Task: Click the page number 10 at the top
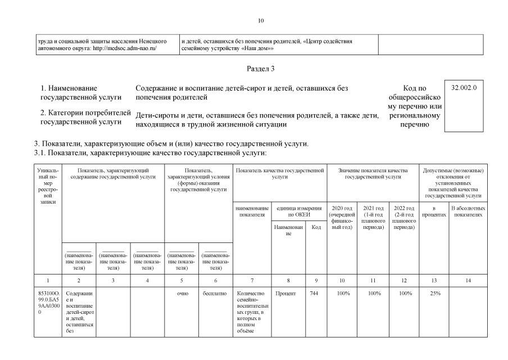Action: coord(260,21)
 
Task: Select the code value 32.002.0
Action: coord(464,88)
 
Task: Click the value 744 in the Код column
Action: coord(314,294)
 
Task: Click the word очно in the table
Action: coord(182,294)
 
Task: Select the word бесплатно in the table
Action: coord(215,294)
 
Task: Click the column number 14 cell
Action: coord(468,280)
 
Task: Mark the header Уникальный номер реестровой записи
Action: coord(47,186)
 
